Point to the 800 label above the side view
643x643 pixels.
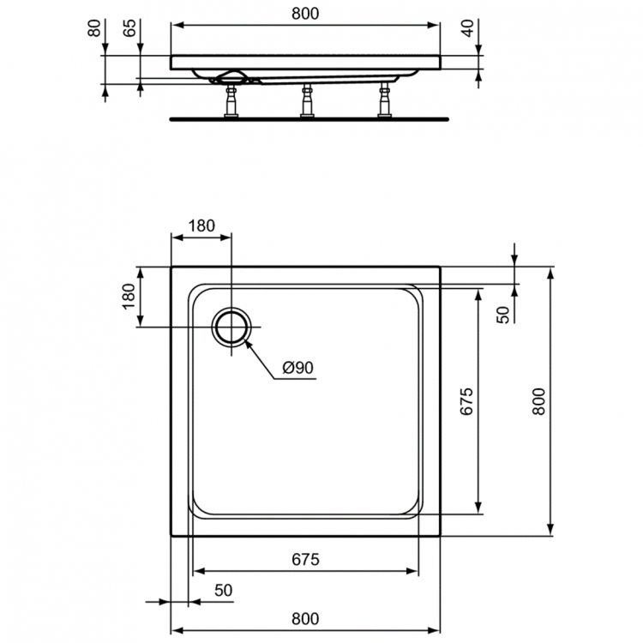tap(306, 13)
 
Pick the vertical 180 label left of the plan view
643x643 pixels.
tap(129, 296)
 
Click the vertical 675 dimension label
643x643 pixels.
tap(466, 401)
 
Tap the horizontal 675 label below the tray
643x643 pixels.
tap(304, 560)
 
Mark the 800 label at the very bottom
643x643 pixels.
tap(304, 617)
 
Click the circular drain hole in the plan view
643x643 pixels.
tap(231, 328)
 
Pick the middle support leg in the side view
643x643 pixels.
tap(306, 101)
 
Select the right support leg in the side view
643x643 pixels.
tap(383, 101)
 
